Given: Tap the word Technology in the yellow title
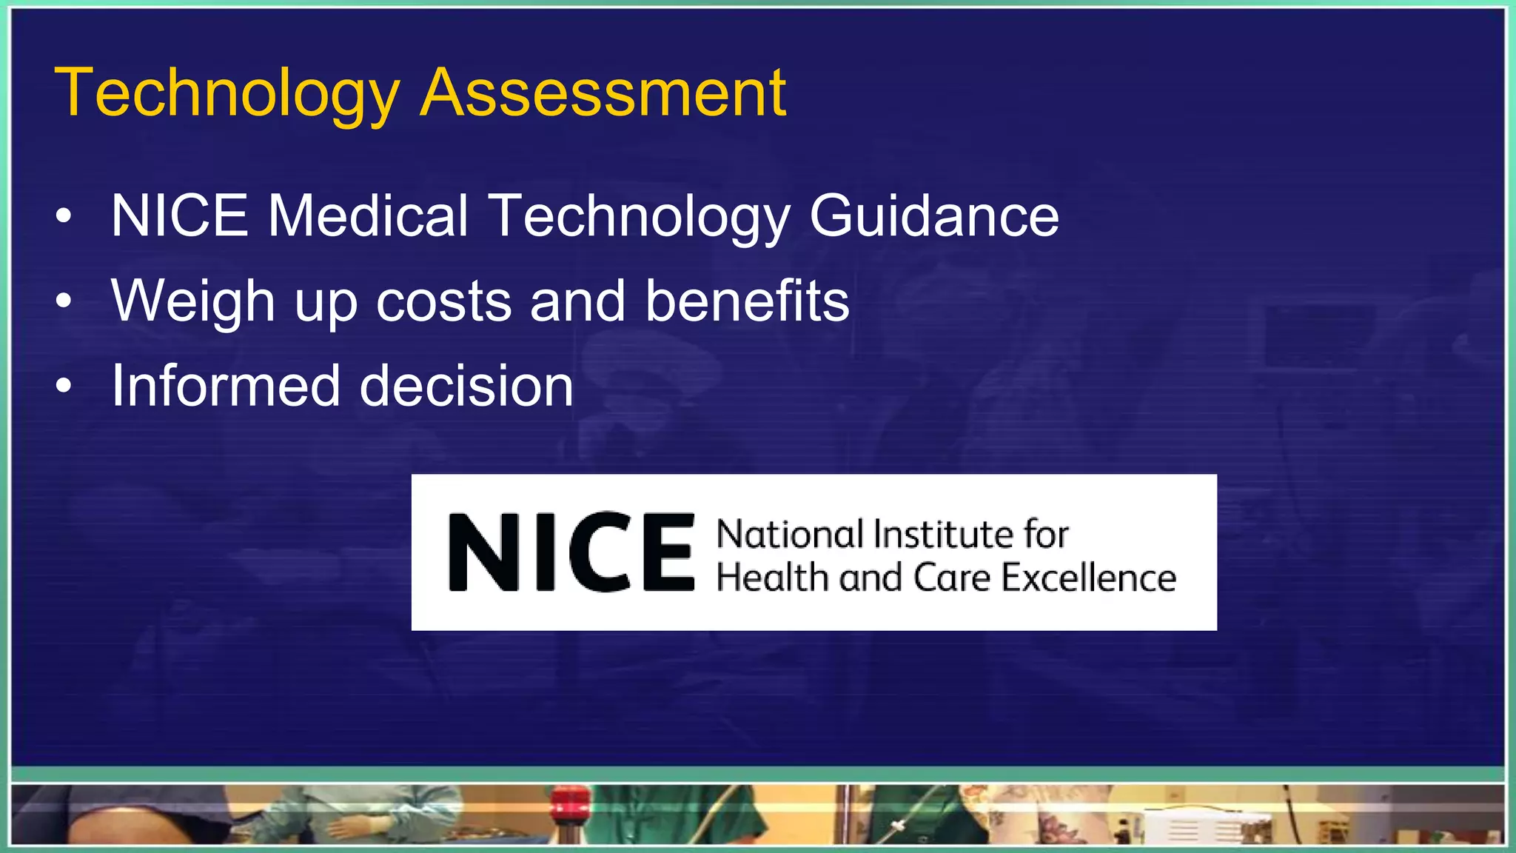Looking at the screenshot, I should click(x=227, y=94).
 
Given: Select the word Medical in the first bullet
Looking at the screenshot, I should click(x=368, y=215).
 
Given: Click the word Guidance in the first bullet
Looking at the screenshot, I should click(x=933, y=215).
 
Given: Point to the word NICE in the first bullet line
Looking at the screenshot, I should click(x=180, y=215).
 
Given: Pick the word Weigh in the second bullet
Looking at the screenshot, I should click(x=193, y=301).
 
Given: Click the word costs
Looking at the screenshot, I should click(x=443, y=301).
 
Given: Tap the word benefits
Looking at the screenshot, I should click(x=747, y=301).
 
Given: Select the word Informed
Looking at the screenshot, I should click(x=226, y=386).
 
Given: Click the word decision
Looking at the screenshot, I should click(x=466, y=386).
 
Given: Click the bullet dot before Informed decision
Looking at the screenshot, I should click(x=64, y=387).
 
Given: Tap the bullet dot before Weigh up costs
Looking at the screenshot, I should click(x=64, y=301).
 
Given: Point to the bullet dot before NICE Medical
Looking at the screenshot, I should click(x=64, y=216).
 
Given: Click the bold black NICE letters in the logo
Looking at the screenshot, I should click(x=571, y=552).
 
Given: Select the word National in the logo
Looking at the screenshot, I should click(x=790, y=534).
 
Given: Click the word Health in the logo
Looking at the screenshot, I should click(x=772, y=578).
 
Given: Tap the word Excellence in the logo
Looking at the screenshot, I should click(x=1088, y=578).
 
